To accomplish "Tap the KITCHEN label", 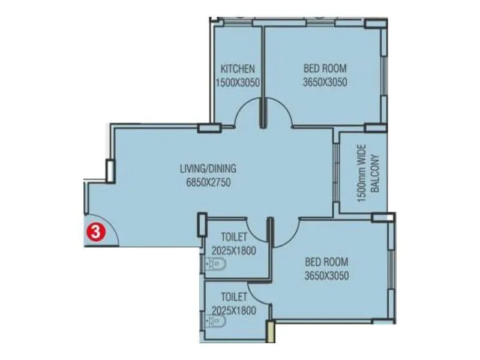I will point(238,68).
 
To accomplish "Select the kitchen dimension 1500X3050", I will point(238,83).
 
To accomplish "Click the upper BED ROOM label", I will point(325,68).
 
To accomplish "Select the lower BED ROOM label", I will point(326,262).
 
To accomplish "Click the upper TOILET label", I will point(234,237).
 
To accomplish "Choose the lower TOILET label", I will point(234,296).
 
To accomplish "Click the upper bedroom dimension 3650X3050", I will point(325,83).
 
